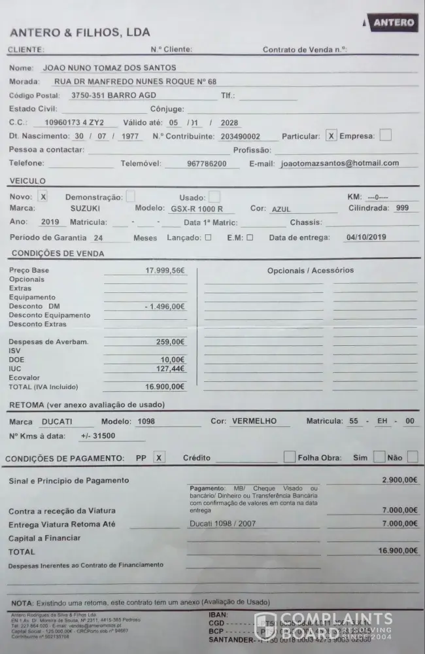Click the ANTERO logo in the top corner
coord(392,23)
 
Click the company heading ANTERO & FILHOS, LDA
coord(80,32)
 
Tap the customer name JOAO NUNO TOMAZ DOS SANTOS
coord(109,67)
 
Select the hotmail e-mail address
coord(339,163)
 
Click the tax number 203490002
coord(241,137)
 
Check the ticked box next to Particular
coord(331,136)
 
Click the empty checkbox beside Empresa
coord(385,135)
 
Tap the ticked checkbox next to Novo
coord(43,196)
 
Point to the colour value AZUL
coord(282,209)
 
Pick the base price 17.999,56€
coord(165,270)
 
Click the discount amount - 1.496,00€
coord(165,306)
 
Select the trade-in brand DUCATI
coord(57,422)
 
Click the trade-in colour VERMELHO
coord(254,422)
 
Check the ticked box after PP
coord(159,458)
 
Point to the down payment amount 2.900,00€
coord(399,480)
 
